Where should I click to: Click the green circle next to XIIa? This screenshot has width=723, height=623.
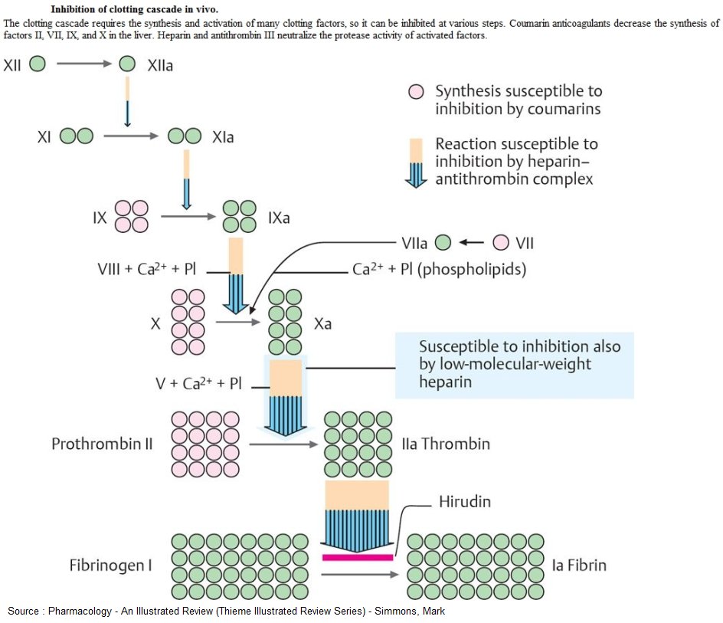click(128, 65)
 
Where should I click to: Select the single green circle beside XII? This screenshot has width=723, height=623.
click(37, 65)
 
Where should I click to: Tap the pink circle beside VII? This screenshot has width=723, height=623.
click(501, 243)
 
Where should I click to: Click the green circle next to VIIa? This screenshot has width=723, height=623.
click(443, 243)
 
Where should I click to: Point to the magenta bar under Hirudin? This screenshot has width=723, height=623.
click(358, 557)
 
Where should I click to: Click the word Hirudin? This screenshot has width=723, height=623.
click(464, 502)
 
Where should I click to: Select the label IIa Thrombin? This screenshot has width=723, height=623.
click(446, 444)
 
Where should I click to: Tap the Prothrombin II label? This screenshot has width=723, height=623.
click(102, 444)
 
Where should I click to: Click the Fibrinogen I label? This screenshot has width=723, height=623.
click(110, 566)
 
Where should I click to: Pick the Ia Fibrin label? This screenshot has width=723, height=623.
click(579, 566)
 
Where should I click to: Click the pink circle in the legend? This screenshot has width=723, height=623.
click(416, 92)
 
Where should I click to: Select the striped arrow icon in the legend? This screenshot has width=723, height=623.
click(417, 163)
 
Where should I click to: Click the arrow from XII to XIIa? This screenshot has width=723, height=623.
click(84, 65)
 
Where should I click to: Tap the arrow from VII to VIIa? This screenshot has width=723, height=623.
click(472, 243)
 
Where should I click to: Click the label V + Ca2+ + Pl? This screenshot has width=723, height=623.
click(198, 383)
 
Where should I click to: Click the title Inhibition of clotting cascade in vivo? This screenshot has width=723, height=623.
click(135, 9)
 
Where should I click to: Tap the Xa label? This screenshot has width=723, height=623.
click(322, 324)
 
